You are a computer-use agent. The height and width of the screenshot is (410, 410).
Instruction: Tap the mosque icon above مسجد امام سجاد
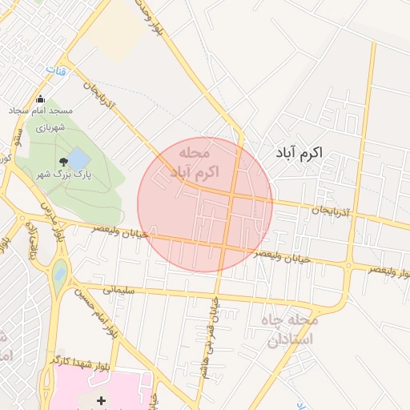(40, 99)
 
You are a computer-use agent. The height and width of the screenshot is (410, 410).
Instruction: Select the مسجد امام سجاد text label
(41, 110)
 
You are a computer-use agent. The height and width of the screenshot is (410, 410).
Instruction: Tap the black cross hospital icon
(101, 400)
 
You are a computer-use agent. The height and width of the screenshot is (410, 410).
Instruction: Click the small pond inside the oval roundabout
(60, 275)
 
